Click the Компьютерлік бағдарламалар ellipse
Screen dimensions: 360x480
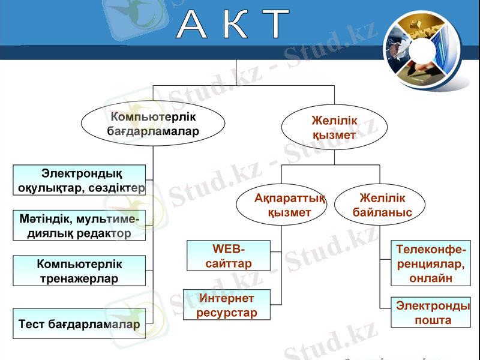[153, 124]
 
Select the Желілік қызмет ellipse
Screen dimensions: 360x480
[334, 128]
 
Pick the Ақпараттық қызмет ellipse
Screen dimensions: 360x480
[281, 205]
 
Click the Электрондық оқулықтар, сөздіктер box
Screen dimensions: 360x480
[79, 180]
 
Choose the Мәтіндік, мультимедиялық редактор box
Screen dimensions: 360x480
[79, 226]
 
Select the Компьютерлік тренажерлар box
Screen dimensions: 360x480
[79, 271]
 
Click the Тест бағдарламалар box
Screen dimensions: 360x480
[79, 324]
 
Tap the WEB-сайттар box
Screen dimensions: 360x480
[229, 256]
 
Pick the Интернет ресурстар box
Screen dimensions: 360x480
[226, 305]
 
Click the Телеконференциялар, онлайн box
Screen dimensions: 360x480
[430, 263]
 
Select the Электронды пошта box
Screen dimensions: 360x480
[430, 312]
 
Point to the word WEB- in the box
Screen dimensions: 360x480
[229, 249]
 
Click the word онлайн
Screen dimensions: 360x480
[431, 278]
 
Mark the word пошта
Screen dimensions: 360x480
[433, 320]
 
